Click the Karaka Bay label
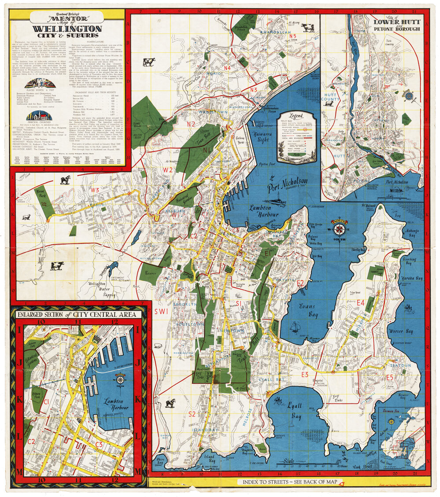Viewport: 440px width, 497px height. [x=412, y=278]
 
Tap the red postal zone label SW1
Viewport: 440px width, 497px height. [x=161, y=311]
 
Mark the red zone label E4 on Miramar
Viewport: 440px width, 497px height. [x=361, y=302]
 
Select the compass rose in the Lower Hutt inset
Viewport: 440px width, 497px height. [x=409, y=95]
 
